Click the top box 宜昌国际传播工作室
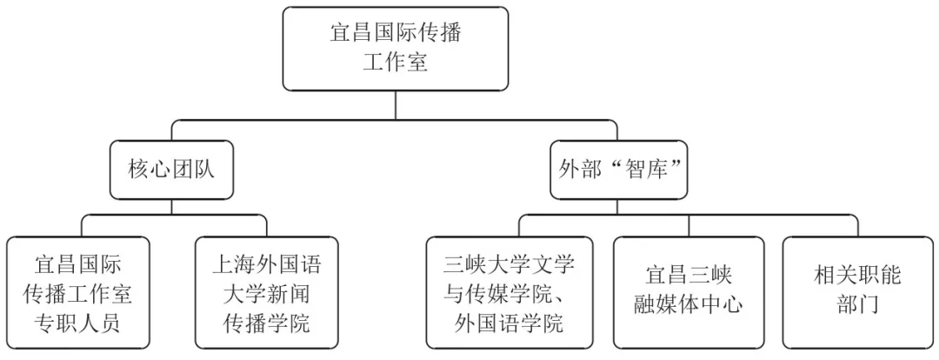tap(396, 49)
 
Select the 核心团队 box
tap(171, 170)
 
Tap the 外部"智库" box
tap(618, 170)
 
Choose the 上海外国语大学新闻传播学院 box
tap(266, 293)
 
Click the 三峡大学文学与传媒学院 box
tap(509, 293)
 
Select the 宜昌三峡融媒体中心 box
tap(688, 293)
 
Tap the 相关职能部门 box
tap(857, 293)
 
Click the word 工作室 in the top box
tap(396, 63)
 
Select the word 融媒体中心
tap(688, 306)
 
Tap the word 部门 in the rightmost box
tap(857, 306)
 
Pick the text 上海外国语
tap(266, 263)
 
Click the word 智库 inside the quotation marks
tap(640, 170)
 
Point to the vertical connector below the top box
tap(396, 104)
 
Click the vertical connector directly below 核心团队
tap(171, 207)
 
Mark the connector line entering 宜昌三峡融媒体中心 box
tap(688, 225)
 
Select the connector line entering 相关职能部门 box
tap(857, 225)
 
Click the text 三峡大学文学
tap(509, 263)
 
